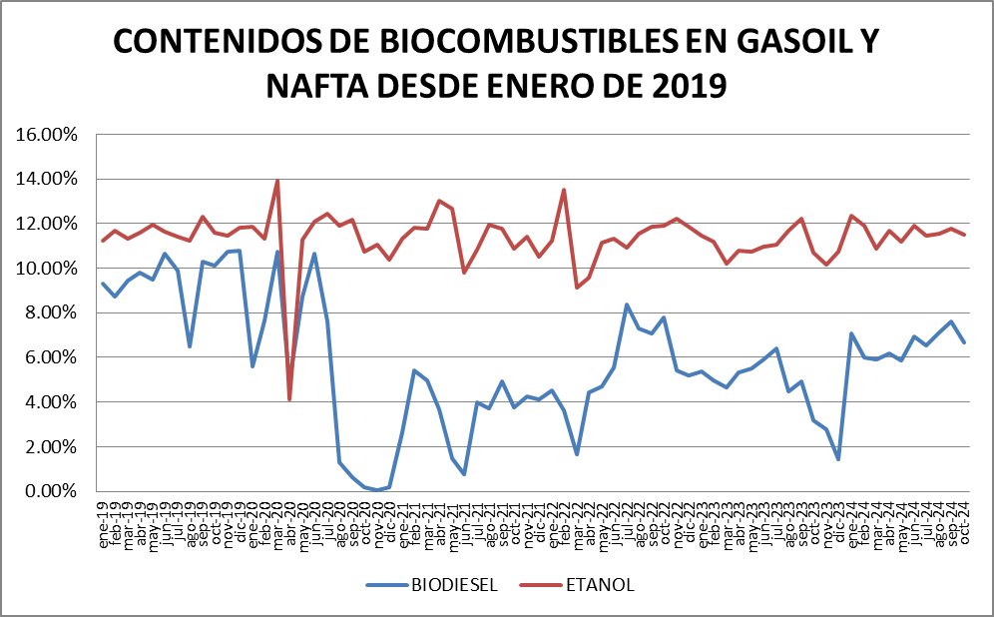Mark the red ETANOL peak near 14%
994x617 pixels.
click(277, 181)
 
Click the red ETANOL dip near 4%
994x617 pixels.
click(289, 399)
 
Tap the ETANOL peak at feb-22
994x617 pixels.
click(564, 190)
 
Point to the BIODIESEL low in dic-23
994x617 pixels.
click(838, 459)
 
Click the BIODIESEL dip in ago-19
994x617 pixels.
click(190, 346)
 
